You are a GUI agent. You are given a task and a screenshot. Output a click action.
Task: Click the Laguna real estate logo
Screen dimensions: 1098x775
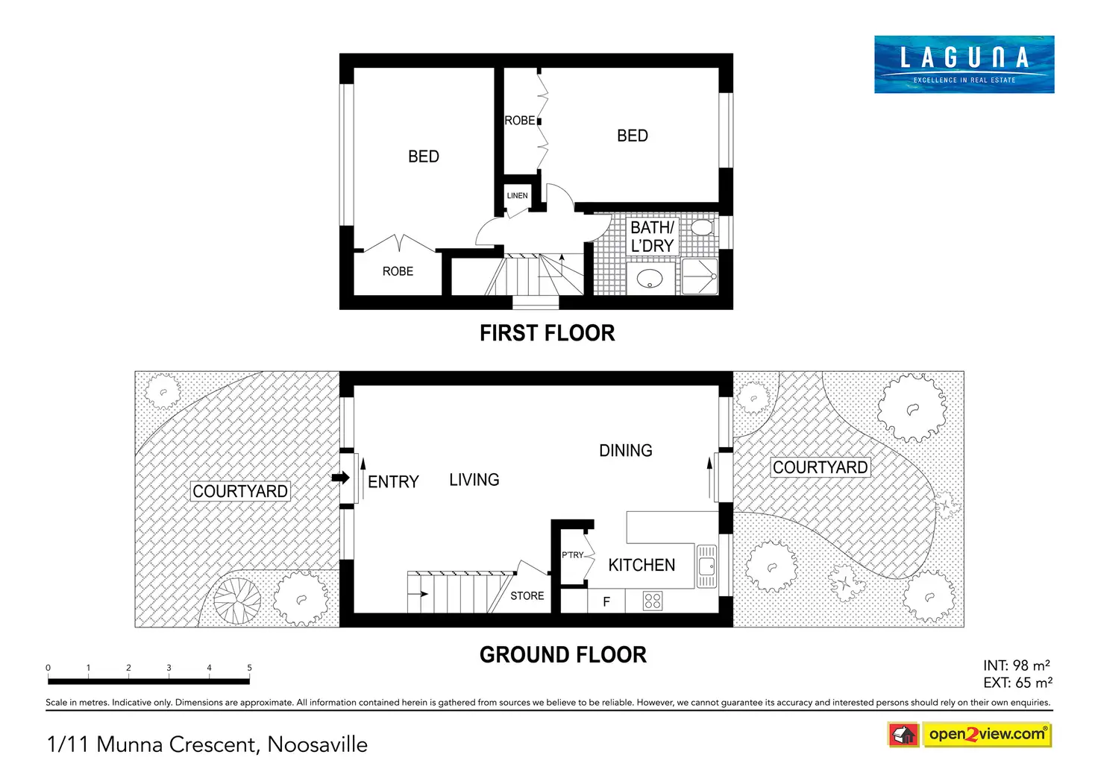[964, 64]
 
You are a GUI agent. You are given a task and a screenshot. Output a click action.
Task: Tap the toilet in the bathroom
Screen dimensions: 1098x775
[703, 227]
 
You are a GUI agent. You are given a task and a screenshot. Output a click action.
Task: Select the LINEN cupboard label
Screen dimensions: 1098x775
[517, 195]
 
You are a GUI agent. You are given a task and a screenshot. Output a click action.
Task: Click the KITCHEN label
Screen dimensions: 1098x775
[641, 565]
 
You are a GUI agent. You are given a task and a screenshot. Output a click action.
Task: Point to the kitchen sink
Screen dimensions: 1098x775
[706, 566]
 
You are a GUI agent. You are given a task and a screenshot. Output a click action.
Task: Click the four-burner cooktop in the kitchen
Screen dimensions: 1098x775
[653, 601]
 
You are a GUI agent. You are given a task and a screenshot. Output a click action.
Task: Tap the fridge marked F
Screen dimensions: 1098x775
[606, 601]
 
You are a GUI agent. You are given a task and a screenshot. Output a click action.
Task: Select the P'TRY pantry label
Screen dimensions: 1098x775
[573, 555]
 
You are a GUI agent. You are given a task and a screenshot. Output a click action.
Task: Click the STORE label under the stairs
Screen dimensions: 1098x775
[527, 596]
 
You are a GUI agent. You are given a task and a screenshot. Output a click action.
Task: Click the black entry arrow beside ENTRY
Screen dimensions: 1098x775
[341, 478]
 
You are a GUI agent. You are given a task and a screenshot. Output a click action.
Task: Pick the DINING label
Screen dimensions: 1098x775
[626, 450]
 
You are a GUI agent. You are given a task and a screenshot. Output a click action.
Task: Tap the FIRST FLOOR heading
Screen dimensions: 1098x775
[547, 333]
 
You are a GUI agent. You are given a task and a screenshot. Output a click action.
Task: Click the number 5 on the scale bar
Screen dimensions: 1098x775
[249, 667]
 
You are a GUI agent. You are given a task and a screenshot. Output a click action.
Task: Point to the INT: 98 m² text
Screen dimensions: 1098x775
[1016, 665]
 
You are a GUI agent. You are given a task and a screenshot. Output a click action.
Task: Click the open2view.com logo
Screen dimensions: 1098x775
[970, 734]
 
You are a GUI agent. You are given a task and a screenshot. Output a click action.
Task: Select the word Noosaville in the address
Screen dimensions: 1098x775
[317, 744]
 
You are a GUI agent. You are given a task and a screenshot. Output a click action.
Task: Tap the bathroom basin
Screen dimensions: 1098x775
[650, 279]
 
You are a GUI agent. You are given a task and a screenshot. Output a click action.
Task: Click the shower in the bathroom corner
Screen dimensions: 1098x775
[700, 276]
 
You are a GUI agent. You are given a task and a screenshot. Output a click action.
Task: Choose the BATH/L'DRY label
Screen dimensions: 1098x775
[652, 236]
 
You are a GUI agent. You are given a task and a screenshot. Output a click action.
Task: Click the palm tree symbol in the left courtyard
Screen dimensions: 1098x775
[237, 601]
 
